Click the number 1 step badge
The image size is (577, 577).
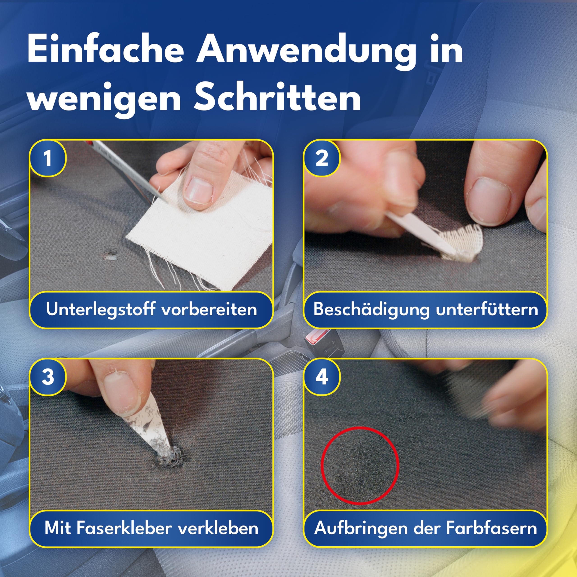point(48,158)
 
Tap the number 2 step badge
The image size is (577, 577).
point(322,158)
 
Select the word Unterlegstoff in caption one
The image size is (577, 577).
point(100,310)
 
